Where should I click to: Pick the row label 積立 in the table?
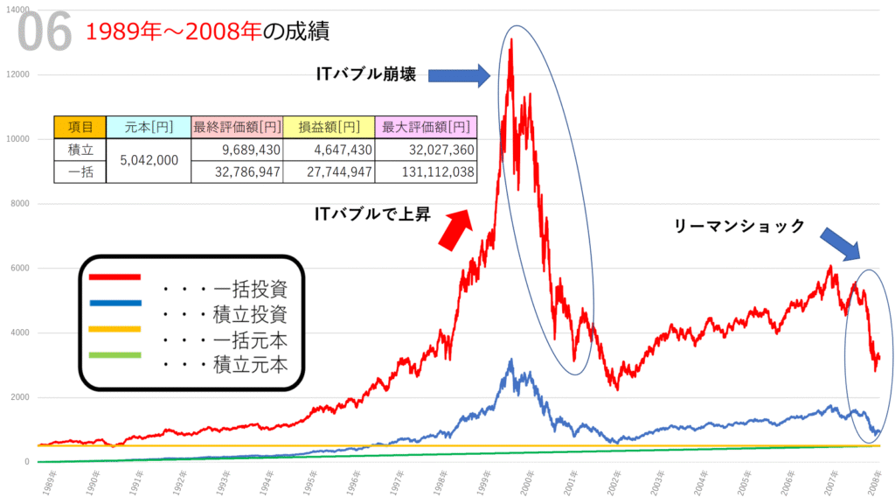click(80, 150)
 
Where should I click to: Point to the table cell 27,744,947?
click(330, 171)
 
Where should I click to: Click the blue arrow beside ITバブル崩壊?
click(460, 76)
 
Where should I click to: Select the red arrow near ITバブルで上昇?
click(455, 227)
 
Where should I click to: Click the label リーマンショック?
click(739, 226)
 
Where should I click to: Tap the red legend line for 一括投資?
click(114, 277)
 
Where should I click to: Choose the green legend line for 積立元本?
click(114, 354)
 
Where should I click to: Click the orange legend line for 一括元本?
click(114, 329)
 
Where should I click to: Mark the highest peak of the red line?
click(511, 38)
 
